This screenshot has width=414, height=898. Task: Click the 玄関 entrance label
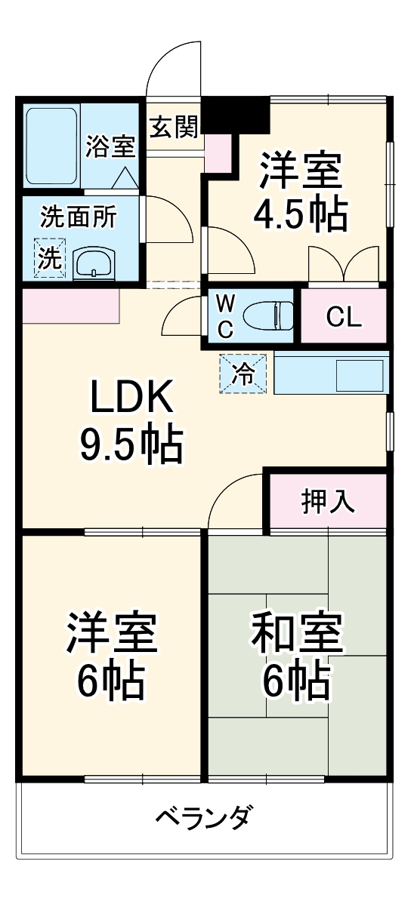(173, 128)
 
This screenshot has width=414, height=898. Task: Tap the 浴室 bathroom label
(110, 146)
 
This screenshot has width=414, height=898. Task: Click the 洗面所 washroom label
(78, 217)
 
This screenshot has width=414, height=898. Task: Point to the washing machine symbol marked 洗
(50, 259)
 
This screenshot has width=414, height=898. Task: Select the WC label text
(225, 315)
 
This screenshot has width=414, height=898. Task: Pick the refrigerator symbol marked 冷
(243, 373)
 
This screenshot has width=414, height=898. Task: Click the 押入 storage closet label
(328, 501)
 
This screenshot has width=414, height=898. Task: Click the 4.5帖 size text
(301, 215)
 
